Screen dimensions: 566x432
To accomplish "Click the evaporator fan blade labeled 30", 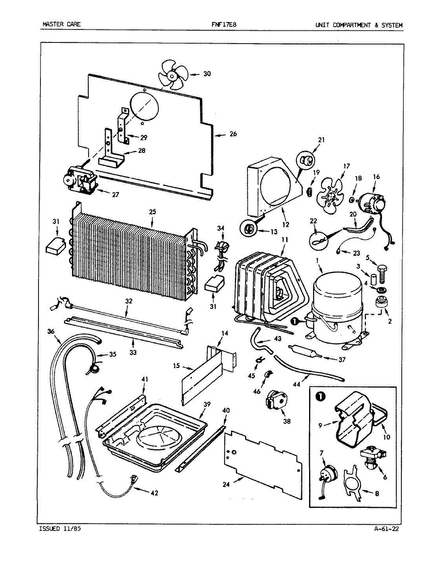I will (x=172, y=75).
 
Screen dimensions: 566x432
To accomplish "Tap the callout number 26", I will (x=233, y=134).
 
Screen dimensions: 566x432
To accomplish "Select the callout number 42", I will (x=154, y=493).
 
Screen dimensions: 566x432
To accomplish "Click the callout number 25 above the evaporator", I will (x=152, y=212).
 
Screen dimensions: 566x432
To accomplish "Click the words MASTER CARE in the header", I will (x=61, y=25).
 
